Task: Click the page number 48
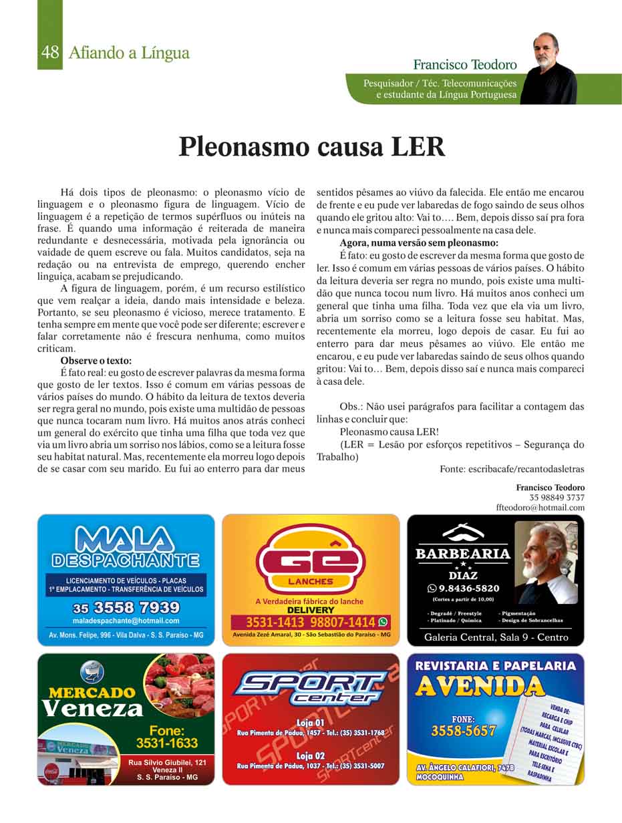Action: [50, 53]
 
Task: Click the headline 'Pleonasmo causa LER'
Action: [311, 146]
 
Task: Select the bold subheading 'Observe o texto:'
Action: [96, 361]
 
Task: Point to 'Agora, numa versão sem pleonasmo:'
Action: [419, 243]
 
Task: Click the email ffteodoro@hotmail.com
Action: [540, 508]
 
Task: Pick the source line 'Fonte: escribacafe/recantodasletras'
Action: [512, 470]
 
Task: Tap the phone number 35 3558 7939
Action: [126, 608]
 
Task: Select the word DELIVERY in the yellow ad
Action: [310, 610]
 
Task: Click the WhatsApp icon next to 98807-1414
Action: [383, 622]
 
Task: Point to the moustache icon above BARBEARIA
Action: [463, 533]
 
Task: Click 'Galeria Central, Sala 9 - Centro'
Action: [496, 637]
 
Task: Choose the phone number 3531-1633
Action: [167, 743]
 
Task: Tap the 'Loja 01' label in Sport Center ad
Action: [310, 722]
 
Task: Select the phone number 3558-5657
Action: [464, 731]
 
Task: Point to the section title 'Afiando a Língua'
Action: [129, 53]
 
